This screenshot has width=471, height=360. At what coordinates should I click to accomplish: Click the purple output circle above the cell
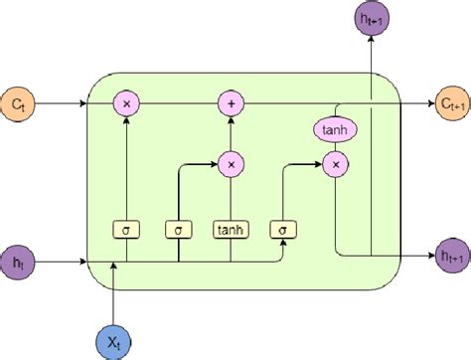tap(370, 18)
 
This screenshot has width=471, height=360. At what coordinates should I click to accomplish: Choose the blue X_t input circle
tap(115, 334)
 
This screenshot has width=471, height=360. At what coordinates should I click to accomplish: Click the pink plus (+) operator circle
tap(231, 101)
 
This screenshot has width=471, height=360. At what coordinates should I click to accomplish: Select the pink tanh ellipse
tap(337, 130)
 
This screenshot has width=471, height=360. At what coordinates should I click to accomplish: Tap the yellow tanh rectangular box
tap(231, 229)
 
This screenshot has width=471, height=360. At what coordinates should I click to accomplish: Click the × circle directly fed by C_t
tap(126, 101)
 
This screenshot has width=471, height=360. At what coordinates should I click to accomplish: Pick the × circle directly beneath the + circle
tap(231, 163)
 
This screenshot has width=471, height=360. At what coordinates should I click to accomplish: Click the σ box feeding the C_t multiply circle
tap(126, 229)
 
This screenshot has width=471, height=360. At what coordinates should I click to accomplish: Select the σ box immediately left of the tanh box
tap(179, 229)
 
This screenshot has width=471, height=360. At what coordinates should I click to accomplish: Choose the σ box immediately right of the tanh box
tap(283, 229)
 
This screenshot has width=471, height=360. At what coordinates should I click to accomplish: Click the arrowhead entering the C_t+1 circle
tap(421, 101)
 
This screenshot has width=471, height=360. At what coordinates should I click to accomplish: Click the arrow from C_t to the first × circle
tap(79, 101)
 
